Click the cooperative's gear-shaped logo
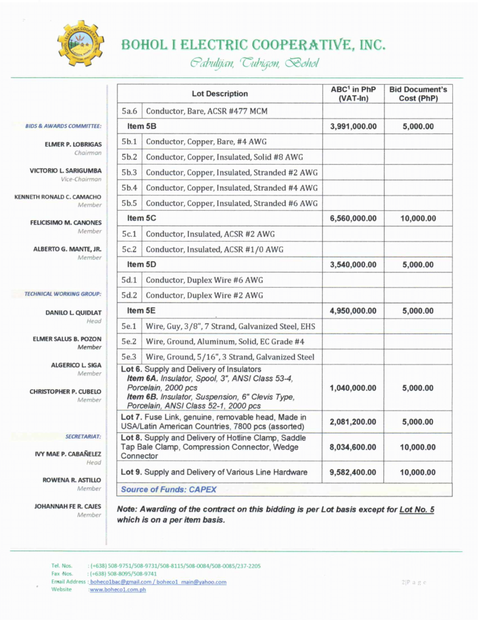pos(80,44)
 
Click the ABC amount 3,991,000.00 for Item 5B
pos(353,127)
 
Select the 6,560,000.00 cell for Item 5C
pos(353,219)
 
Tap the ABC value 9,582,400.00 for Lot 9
pos(353,472)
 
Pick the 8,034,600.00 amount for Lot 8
pos(353,447)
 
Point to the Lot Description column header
pos(220,94)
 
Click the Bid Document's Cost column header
pos(418,94)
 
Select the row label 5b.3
pos(130,173)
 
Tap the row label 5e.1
pos(130,327)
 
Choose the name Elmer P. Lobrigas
pos(73,145)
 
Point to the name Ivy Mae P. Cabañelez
pos(68,453)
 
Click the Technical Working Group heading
pos(62,294)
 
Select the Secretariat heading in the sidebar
pos(83,436)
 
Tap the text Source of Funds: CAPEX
pos(168,489)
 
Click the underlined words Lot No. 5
pos(417,510)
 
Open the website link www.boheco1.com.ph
pos(117,589)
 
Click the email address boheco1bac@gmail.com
pos(119,582)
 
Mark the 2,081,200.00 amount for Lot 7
pos(353,421)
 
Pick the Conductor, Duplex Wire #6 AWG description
pos(205,280)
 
